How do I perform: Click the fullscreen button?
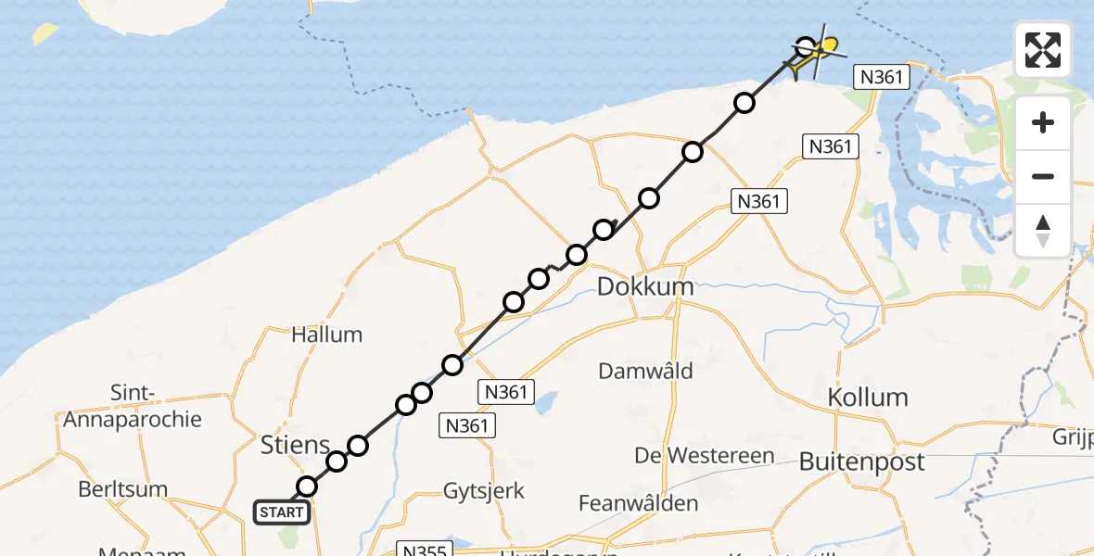(x=1043, y=50)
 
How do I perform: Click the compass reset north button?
(x=1043, y=231)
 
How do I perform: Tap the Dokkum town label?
(x=645, y=286)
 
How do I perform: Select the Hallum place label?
(x=326, y=335)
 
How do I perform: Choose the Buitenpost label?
(x=862, y=461)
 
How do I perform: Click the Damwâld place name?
(x=645, y=371)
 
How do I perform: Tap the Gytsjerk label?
(x=484, y=491)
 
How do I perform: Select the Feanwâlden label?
(x=639, y=503)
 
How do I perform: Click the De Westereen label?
(x=705, y=455)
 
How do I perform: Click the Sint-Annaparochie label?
(x=132, y=407)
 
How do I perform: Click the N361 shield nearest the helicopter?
(x=881, y=78)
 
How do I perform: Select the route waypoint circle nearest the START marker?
(x=307, y=486)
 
